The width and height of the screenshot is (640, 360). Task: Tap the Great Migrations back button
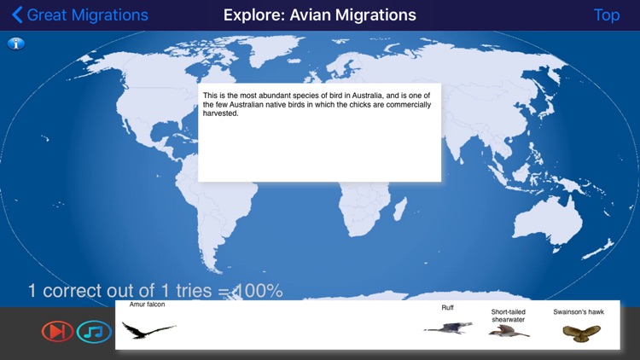(x=79, y=15)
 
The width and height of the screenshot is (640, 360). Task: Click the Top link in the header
(x=607, y=15)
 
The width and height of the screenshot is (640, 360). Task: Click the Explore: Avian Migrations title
(x=320, y=15)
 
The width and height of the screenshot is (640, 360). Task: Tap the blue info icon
(x=15, y=44)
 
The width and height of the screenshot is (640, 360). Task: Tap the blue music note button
(x=93, y=331)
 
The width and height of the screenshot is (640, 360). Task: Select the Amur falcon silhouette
(x=147, y=328)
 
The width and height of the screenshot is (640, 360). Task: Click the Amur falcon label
(x=147, y=305)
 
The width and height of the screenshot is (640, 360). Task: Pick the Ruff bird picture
(x=447, y=327)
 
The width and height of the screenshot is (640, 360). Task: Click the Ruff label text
(x=447, y=307)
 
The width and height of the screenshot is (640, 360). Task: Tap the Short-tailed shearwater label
(x=508, y=316)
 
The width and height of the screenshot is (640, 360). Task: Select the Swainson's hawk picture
(x=578, y=332)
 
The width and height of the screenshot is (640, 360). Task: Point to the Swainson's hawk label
(x=578, y=312)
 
